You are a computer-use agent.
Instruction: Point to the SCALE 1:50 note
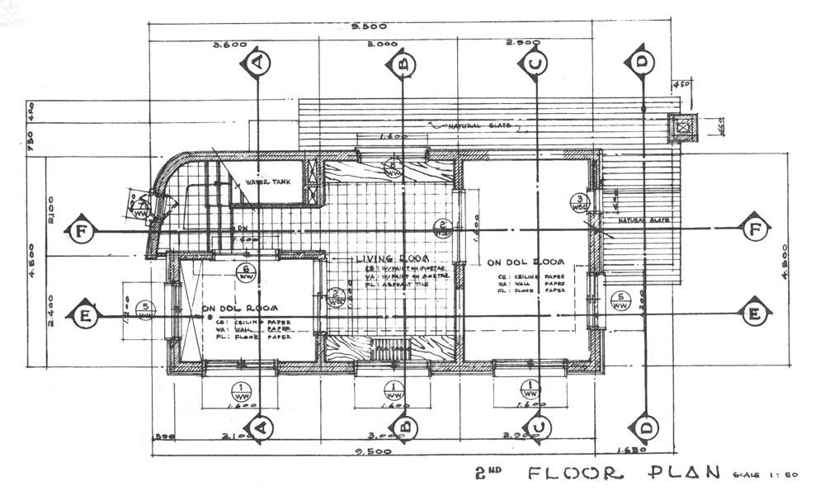coord(756,475)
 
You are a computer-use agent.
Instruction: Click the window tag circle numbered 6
coord(244,272)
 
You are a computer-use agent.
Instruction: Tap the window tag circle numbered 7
coord(142,207)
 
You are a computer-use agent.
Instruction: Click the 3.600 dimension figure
coord(230,45)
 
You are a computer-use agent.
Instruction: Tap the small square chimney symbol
coord(682,128)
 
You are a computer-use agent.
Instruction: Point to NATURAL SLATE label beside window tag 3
coord(644,221)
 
